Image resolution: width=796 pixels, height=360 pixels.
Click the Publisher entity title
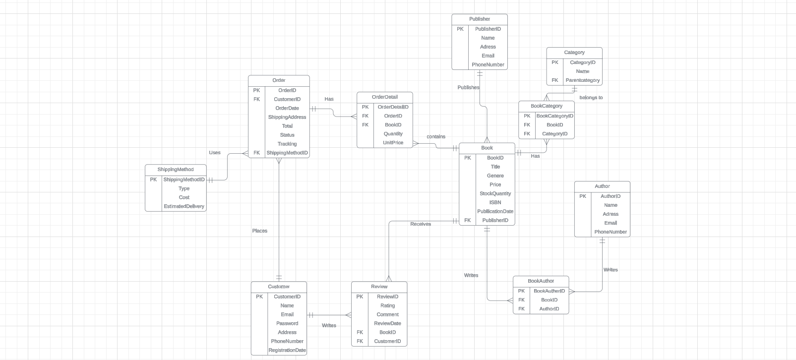(479, 19)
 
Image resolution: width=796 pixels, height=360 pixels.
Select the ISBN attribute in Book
(495, 202)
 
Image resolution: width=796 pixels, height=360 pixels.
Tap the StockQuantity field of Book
(495, 193)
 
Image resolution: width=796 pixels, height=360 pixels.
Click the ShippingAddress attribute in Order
(287, 117)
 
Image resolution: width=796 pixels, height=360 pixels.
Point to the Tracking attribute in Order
(287, 144)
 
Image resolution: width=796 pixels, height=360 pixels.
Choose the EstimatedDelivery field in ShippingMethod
(184, 206)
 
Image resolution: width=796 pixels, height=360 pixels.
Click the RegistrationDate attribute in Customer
(287, 350)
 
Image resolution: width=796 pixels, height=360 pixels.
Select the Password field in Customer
(287, 323)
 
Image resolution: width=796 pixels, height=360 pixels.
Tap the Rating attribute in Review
(387, 305)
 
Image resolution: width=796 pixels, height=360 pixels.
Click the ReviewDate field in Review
(387, 323)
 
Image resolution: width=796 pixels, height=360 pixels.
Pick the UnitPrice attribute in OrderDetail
(393, 143)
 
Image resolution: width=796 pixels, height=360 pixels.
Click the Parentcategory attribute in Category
(582, 80)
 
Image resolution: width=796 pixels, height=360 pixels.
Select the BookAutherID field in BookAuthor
(549, 291)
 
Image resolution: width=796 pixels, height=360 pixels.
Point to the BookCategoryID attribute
(554, 116)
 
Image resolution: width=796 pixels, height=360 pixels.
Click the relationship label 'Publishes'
(468, 87)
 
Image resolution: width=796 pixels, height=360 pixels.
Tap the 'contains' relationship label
(436, 136)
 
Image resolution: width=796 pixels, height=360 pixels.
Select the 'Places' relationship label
(259, 231)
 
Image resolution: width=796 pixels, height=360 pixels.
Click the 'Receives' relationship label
(421, 224)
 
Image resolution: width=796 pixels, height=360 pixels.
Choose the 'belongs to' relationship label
(591, 98)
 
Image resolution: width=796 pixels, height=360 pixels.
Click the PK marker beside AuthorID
(583, 196)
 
